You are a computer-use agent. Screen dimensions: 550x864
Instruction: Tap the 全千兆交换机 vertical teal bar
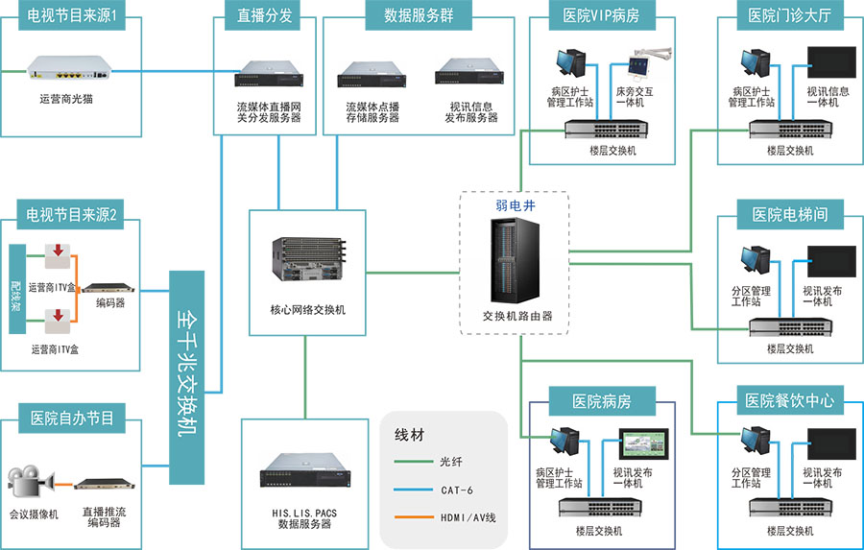coord(188,378)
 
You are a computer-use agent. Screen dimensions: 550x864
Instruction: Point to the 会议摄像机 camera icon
coord(32,482)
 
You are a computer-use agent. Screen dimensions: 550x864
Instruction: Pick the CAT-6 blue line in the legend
coord(415,490)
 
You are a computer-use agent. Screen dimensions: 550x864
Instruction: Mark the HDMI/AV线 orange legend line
coord(415,518)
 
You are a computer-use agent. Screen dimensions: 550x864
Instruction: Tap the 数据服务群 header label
coord(419,14)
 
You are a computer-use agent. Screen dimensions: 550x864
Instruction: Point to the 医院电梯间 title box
coord(789,214)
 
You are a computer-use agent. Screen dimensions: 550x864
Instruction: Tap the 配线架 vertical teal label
coord(15,288)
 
